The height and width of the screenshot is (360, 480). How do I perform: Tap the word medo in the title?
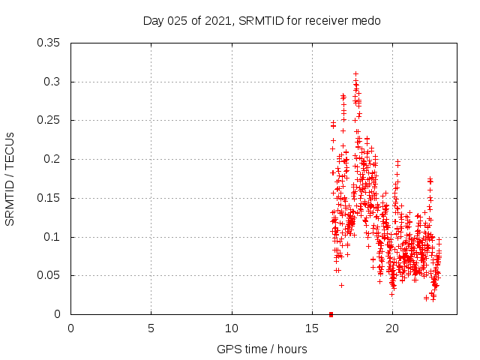point(367,21)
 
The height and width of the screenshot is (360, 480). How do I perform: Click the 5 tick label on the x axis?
point(151,328)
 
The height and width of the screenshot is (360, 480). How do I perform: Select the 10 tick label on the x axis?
point(232,328)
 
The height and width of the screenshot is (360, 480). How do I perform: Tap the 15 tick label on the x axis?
point(312,328)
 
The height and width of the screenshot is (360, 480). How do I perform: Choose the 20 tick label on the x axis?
point(392,328)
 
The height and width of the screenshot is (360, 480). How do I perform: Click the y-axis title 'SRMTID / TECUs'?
point(10,178)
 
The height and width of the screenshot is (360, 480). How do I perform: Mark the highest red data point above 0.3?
point(355,73)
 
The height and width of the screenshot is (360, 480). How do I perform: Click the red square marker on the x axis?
point(331,314)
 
